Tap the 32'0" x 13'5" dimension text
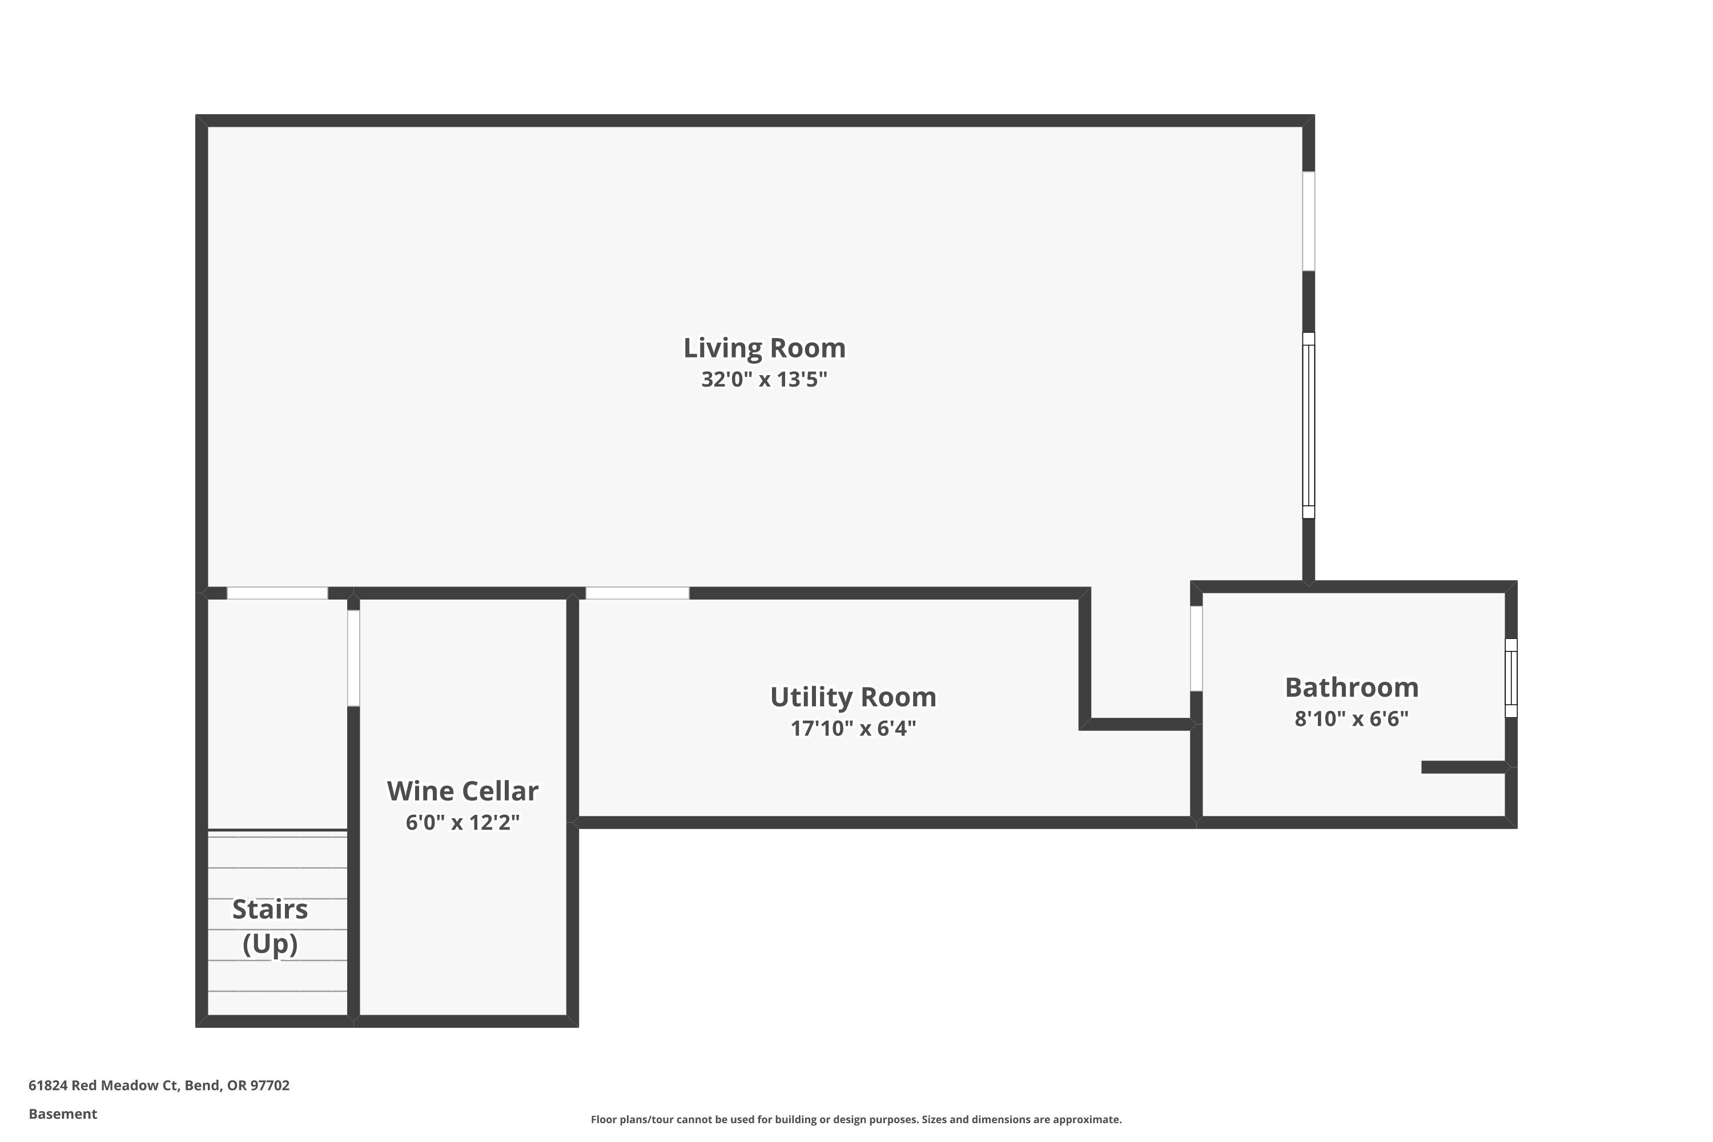point(764,380)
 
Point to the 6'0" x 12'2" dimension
point(463,822)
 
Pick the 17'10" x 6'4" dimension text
point(853,729)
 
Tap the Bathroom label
point(1351,687)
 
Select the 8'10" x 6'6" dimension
point(1351,719)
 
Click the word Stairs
point(270,909)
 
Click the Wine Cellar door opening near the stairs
point(353,658)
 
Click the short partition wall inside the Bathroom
point(1464,767)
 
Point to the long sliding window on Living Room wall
point(1308,425)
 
